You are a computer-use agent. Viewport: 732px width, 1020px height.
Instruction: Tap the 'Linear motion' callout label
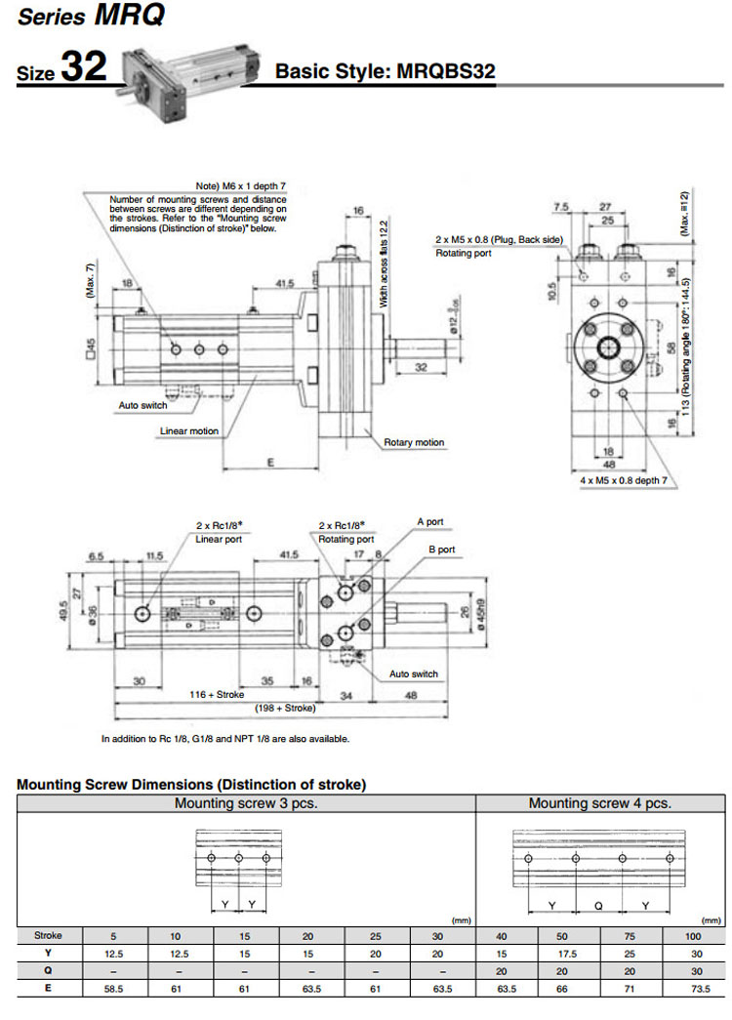pos(188,430)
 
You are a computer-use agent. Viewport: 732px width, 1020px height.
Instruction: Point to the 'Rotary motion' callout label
pos(413,442)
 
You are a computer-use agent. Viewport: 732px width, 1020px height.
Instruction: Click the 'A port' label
pos(429,522)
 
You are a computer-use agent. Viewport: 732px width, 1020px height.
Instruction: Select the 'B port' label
pos(441,550)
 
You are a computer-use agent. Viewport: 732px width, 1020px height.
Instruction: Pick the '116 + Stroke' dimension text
pos(217,694)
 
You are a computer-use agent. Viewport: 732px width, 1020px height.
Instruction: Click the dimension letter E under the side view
pos(270,463)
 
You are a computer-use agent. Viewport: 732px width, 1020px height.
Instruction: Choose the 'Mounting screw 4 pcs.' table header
pos(599,803)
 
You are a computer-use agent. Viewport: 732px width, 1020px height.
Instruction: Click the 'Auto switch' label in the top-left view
pos(142,404)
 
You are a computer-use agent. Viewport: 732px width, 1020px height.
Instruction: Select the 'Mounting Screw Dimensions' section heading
pos(191,784)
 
